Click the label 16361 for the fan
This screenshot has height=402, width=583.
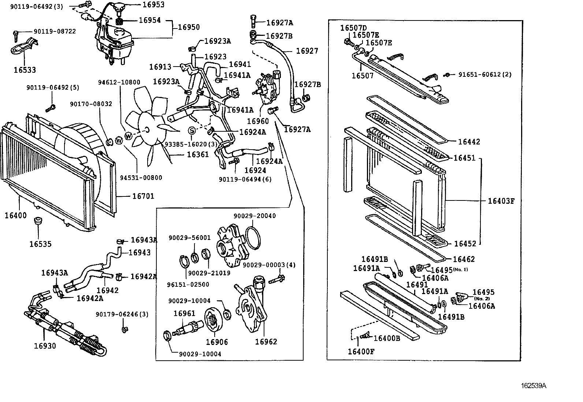click(x=198, y=154)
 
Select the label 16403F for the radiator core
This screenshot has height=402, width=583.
click(x=501, y=201)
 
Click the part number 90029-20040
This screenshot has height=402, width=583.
click(x=255, y=216)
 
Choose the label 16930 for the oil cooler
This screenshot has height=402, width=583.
click(x=45, y=346)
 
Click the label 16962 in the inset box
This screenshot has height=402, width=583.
click(x=266, y=342)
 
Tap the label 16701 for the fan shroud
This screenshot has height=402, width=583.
click(x=143, y=196)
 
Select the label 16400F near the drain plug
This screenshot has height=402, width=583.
click(x=361, y=352)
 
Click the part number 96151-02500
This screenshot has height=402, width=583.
click(x=193, y=284)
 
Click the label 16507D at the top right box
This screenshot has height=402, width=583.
click(x=353, y=28)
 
